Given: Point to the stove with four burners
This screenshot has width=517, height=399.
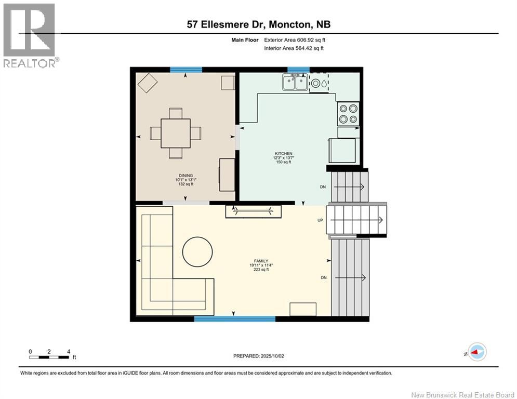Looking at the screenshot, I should click(x=348, y=113).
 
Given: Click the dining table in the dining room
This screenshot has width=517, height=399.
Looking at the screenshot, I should click(x=175, y=133).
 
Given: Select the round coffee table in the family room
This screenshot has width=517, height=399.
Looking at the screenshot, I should click(x=196, y=252).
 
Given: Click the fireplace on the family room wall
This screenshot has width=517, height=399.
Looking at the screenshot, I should click(x=253, y=211).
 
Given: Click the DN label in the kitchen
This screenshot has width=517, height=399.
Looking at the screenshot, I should click(x=323, y=187).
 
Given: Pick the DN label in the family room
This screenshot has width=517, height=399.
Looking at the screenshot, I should click(x=323, y=277).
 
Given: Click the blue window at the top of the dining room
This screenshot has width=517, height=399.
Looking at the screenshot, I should click(x=185, y=69).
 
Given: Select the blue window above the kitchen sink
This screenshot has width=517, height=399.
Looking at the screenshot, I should click(x=298, y=69).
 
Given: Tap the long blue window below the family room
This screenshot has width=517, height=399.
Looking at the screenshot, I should click(x=234, y=318).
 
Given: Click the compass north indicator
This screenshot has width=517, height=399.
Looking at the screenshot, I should click(x=476, y=352).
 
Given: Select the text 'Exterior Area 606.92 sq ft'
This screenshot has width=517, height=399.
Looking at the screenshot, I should click(x=295, y=40).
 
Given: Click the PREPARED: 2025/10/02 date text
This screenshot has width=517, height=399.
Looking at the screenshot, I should click(x=260, y=356).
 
